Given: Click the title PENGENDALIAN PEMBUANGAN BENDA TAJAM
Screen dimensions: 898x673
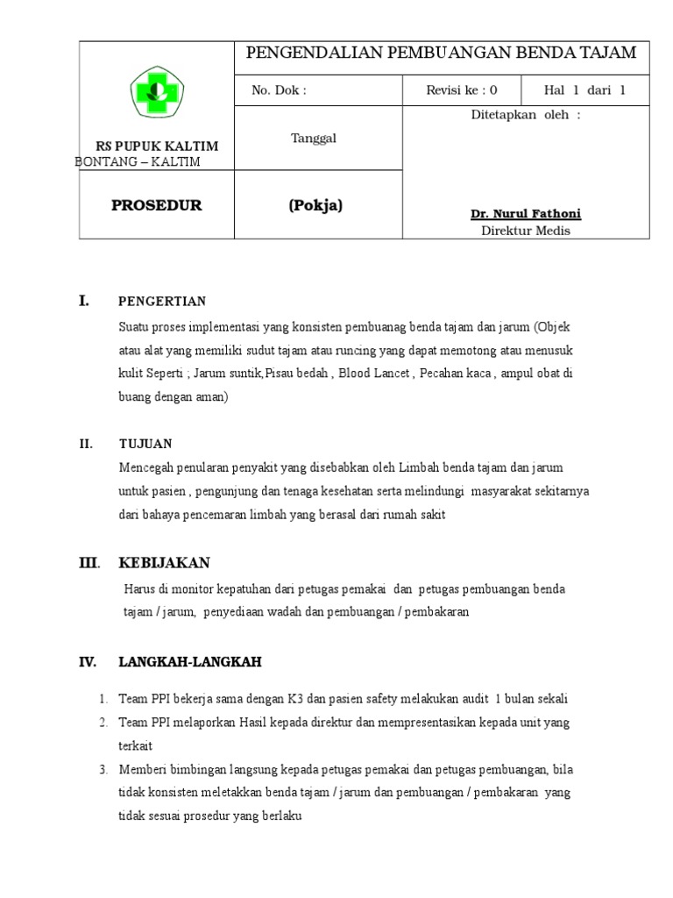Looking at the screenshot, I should click(x=441, y=53).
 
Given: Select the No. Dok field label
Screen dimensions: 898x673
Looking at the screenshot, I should click(x=279, y=90).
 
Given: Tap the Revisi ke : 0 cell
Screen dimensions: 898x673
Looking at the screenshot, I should click(x=461, y=90).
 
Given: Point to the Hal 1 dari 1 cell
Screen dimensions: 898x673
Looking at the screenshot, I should click(x=584, y=90).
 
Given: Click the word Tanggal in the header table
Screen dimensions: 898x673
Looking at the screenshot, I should click(x=313, y=138).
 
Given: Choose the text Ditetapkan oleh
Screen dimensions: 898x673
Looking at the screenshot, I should click(x=526, y=115).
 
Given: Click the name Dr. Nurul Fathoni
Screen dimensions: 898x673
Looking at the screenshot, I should click(x=526, y=214).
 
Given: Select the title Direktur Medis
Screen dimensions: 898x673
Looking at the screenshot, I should click(x=526, y=231).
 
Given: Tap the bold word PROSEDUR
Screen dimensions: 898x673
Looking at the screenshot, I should click(x=157, y=205).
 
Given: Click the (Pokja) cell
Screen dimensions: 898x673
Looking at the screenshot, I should click(x=315, y=205).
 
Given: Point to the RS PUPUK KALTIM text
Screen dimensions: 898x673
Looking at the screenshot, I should click(x=157, y=146).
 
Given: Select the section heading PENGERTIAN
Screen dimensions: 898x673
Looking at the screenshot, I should click(x=162, y=302).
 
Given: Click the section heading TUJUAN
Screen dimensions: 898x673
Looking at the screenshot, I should click(x=145, y=444).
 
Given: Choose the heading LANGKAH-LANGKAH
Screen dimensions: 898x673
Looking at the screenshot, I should click(x=190, y=662).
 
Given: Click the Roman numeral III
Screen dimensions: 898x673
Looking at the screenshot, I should click(x=89, y=563).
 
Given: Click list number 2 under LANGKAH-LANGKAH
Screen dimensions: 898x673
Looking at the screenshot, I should click(x=103, y=723).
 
